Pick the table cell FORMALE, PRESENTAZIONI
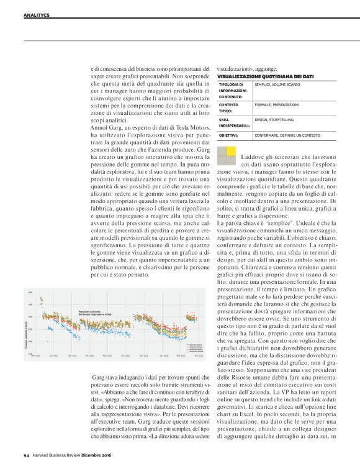click(x=277, y=104)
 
